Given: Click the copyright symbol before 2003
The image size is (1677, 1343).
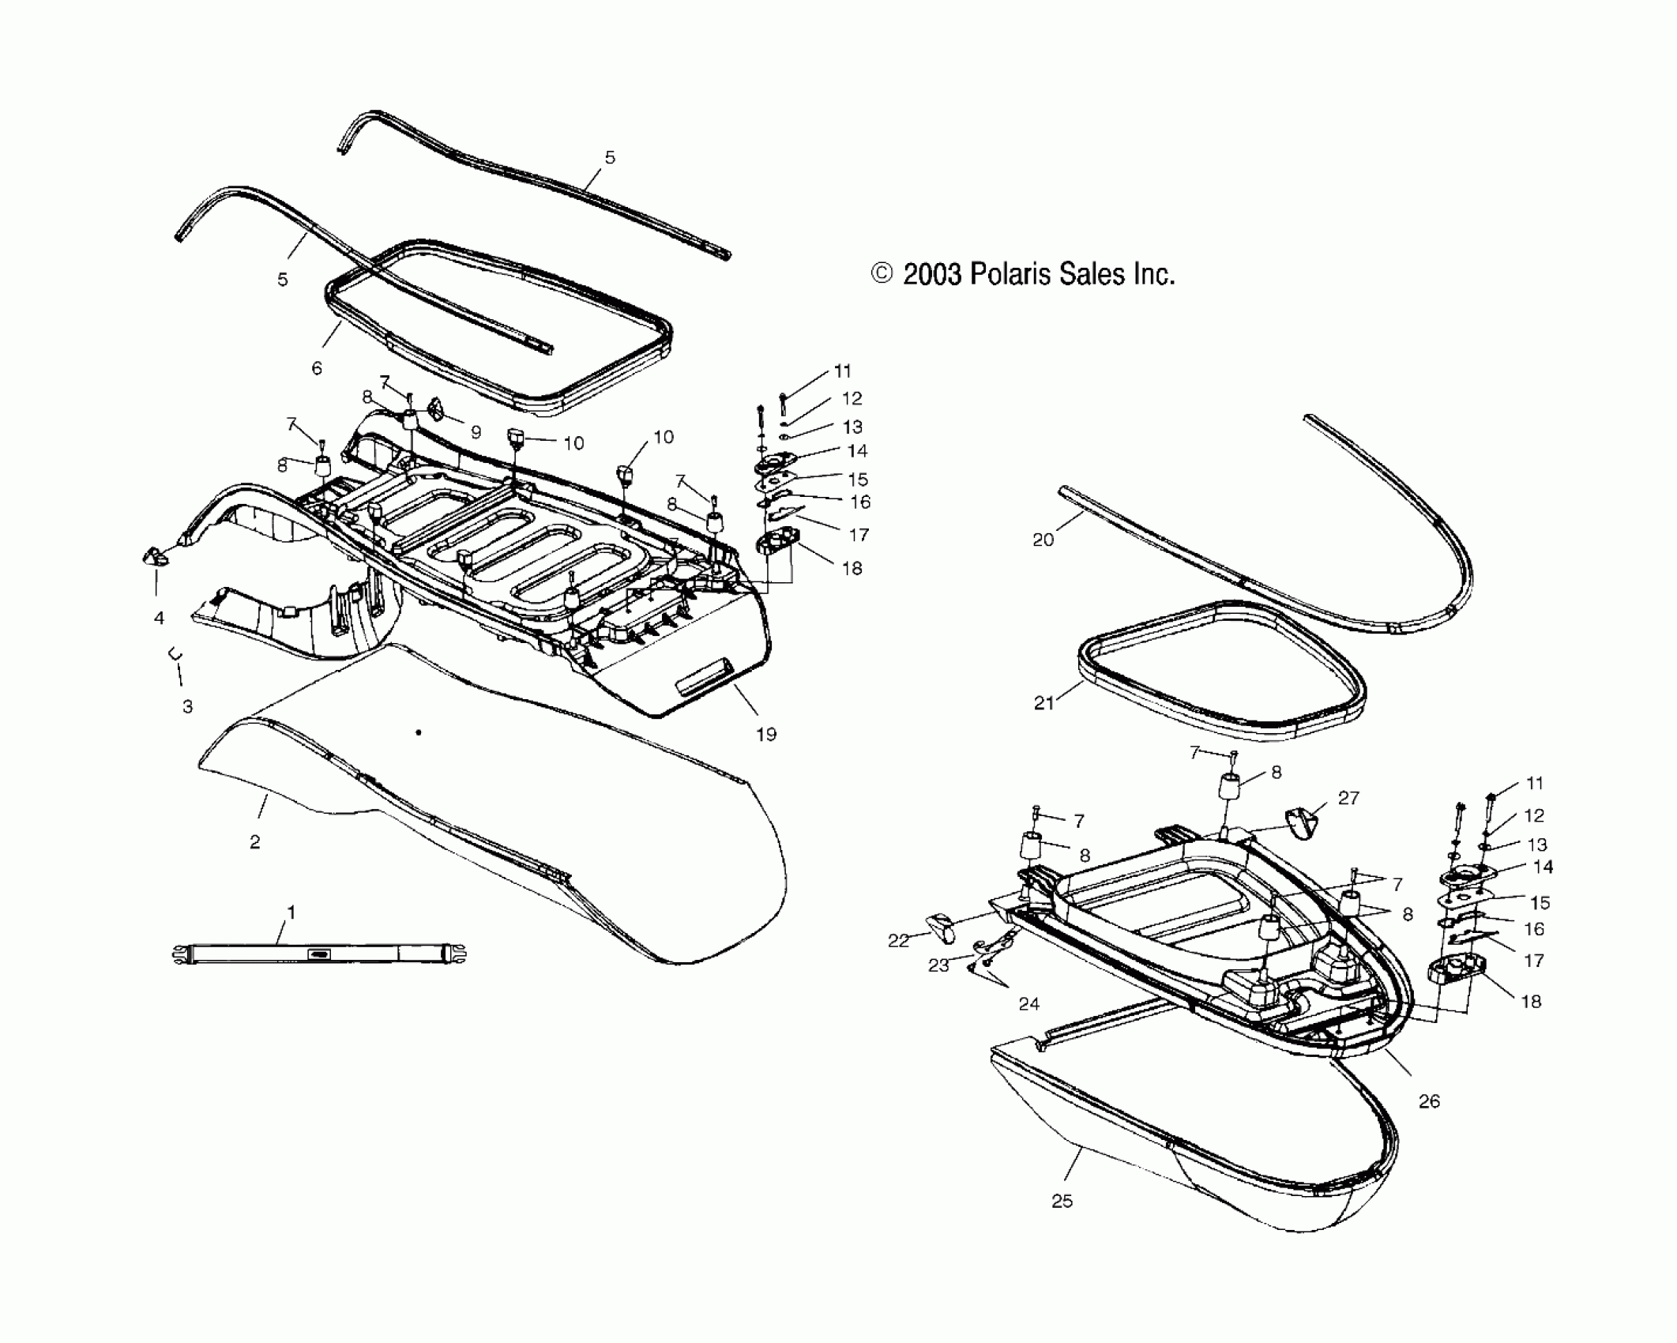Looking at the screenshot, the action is click(882, 273).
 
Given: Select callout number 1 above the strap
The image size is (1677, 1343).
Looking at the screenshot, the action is click(291, 912).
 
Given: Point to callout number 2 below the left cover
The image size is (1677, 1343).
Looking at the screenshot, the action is click(254, 842).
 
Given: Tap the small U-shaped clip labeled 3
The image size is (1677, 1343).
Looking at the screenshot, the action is click(175, 655).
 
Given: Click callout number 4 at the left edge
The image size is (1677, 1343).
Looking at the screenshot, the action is click(159, 618).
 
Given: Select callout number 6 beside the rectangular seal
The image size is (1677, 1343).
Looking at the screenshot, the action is click(317, 368).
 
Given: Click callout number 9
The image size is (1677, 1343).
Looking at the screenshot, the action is click(476, 432).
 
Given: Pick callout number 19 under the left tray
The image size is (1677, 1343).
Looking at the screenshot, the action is click(766, 734).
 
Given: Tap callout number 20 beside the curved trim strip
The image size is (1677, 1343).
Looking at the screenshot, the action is click(1043, 540).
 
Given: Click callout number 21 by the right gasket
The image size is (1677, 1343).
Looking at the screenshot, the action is click(1044, 702).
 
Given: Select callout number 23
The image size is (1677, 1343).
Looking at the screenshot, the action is click(938, 965).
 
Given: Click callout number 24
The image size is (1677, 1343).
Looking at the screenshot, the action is click(1028, 1003).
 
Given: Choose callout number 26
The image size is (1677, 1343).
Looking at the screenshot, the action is click(1429, 1100).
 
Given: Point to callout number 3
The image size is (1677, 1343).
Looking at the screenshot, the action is click(187, 706).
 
